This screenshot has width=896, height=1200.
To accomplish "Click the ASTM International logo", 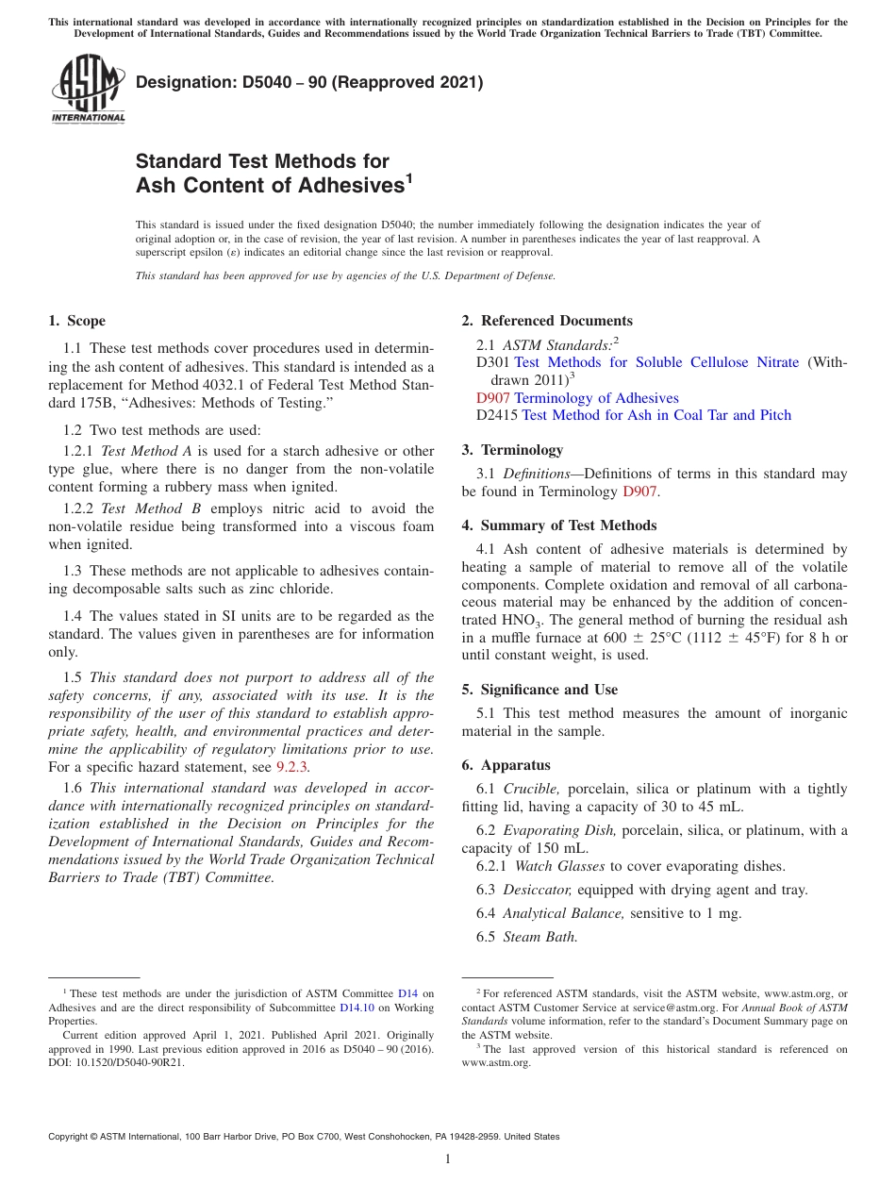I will (x=87, y=90).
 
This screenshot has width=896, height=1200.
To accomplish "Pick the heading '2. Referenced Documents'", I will (x=547, y=321).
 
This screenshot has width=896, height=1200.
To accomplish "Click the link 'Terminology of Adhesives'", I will (x=596, y=398).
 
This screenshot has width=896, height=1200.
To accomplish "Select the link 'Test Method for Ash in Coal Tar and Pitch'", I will (x=656, y=415).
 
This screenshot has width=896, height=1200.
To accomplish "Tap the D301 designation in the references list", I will (x=493, y=363).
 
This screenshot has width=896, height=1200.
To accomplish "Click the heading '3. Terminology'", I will (x=522, y=450).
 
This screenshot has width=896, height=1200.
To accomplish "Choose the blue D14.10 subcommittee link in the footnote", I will (x=357, y=1008).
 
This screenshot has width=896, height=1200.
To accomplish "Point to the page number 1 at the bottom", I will (x=448, y=1158).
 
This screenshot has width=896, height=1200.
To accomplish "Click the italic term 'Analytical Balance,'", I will (x=564, y=913).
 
